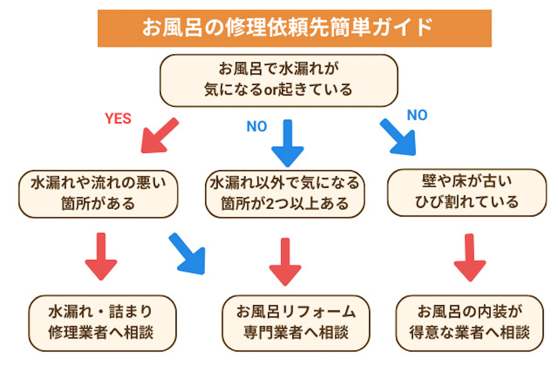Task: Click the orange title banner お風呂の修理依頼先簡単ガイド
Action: pos(294,28)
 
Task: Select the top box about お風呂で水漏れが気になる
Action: pos(278,80)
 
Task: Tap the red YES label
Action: pos(118,118)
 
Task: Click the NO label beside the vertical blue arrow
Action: pos(257,126)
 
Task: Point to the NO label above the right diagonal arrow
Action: pos(417,115)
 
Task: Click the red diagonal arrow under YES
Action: pos(158,136)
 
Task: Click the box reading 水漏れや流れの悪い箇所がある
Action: pos(98,194)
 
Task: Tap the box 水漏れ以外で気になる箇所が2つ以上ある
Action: pos(285,194)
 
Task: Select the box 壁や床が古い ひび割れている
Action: pos(466,192)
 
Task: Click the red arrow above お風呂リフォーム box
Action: pos(285,261)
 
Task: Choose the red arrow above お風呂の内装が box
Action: pos(470,257)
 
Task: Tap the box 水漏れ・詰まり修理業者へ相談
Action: pos(102,323)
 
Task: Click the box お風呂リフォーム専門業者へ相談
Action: pos(296,323)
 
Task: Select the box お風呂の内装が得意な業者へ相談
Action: pos(469,323)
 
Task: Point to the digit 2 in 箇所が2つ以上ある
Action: pos(270,204)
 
